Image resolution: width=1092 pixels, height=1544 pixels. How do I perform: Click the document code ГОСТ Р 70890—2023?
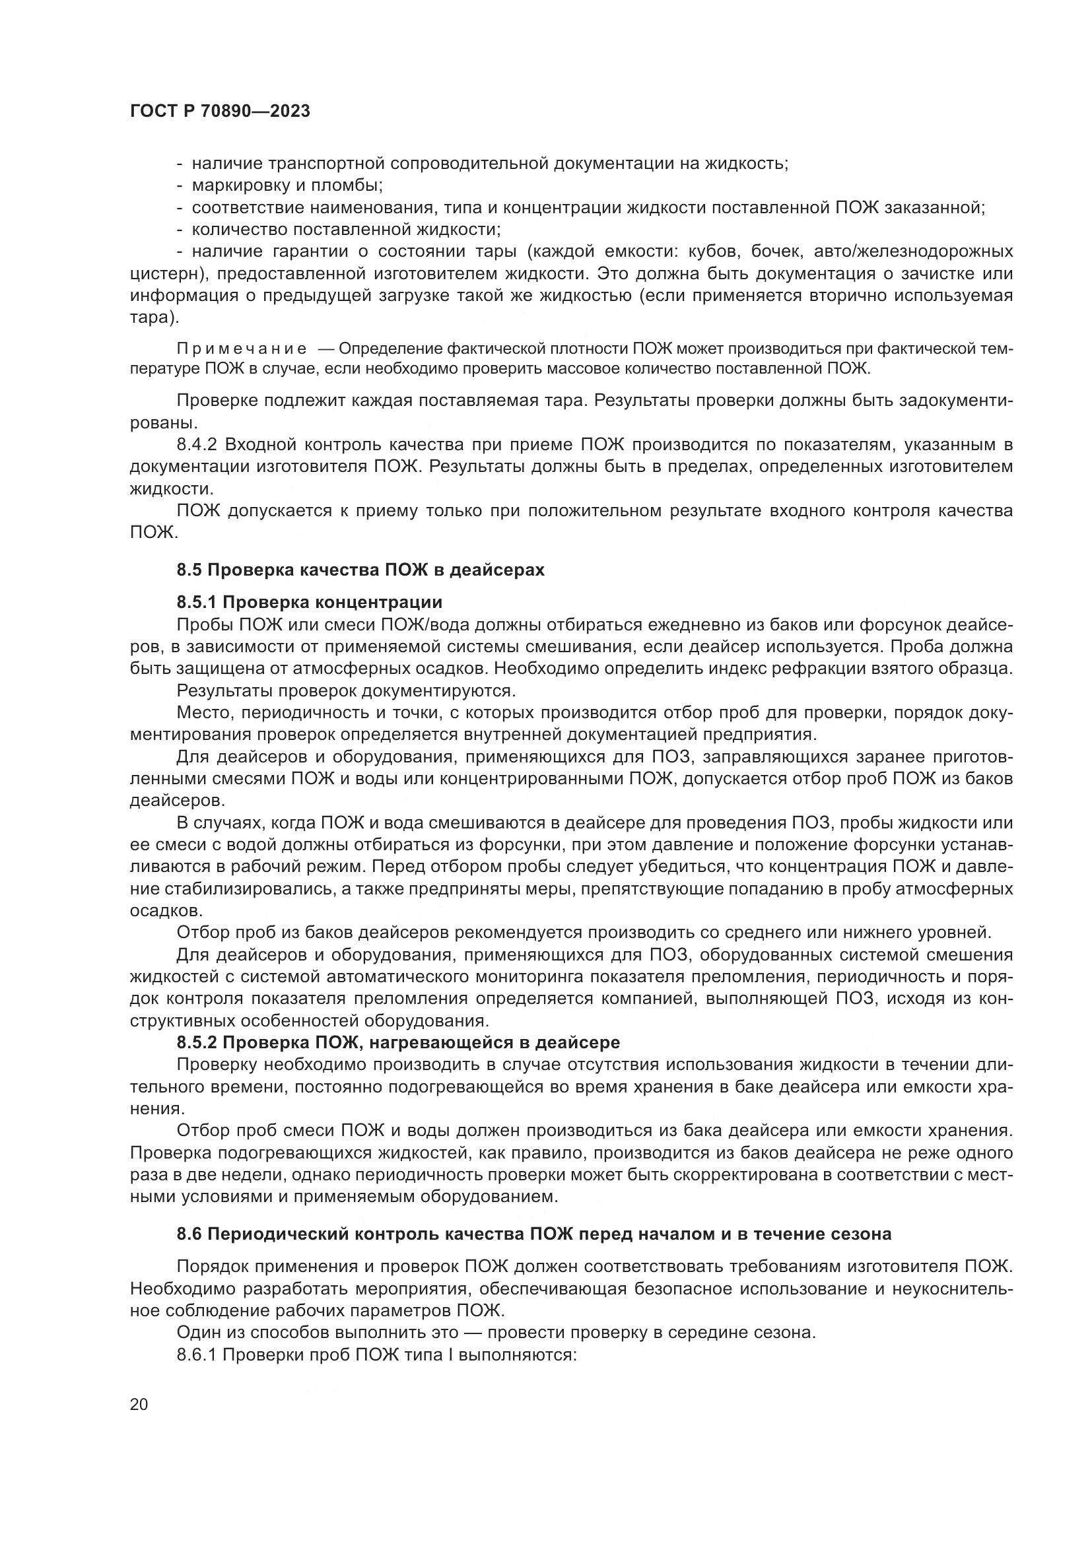(220, 112)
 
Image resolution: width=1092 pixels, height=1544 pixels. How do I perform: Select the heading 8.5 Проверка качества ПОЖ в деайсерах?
(360, 570)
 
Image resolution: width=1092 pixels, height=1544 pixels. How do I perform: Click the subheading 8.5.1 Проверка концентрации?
(309, 602)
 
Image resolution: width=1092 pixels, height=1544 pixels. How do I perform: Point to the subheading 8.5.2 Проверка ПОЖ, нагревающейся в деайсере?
(398, 1042)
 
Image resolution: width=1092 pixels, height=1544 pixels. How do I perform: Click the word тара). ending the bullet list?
(154, 318)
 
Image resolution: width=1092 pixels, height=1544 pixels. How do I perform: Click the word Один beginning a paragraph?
(199, 1332)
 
